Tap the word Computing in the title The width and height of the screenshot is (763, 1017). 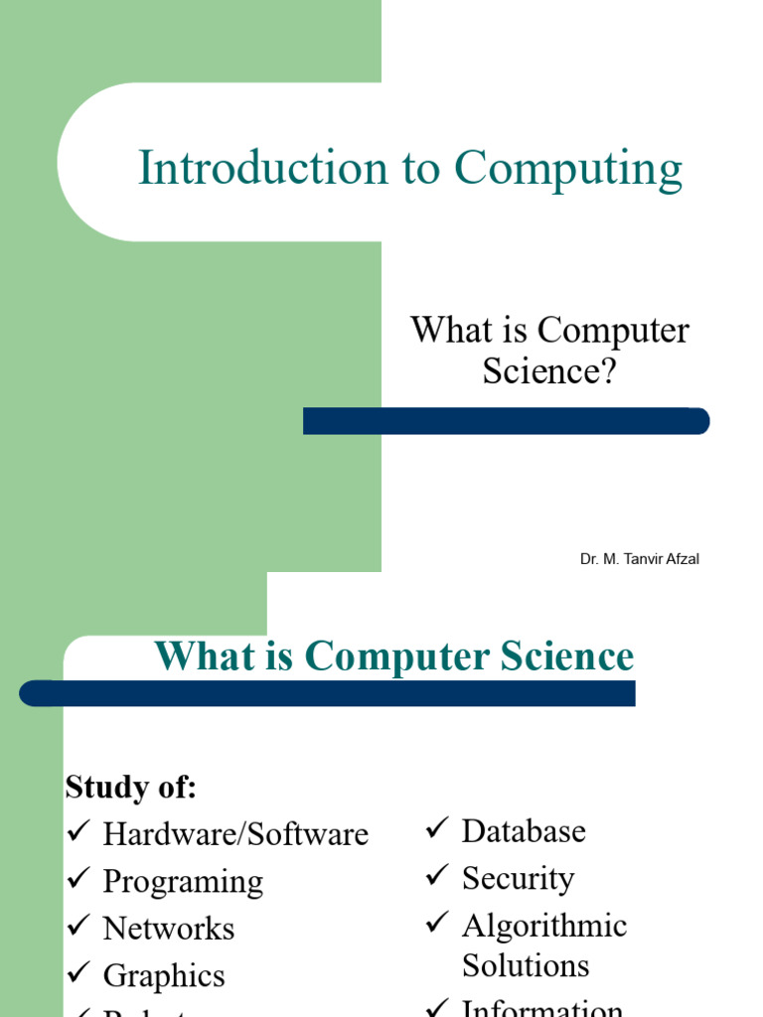click(568, 169)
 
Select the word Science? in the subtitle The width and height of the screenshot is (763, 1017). click(549, 370)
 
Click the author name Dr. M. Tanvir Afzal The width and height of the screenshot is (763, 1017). click(640, 559)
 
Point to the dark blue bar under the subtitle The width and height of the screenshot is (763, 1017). click(506, 421)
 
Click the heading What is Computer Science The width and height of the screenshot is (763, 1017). click(393, 656)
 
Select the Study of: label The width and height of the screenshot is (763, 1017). click(131, 788)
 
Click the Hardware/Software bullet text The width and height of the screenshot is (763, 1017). click(235, 834)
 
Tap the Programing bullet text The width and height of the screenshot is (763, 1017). click(183, 881)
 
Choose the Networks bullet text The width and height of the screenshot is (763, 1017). click(169, 929)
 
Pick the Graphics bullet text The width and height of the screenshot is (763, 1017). click(164, 976)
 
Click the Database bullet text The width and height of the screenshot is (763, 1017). click(524, 831)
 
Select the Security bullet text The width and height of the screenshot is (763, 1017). click(518, 878)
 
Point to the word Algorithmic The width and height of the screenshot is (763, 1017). click(544, 926)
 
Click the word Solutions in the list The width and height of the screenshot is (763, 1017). click(526, 965)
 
